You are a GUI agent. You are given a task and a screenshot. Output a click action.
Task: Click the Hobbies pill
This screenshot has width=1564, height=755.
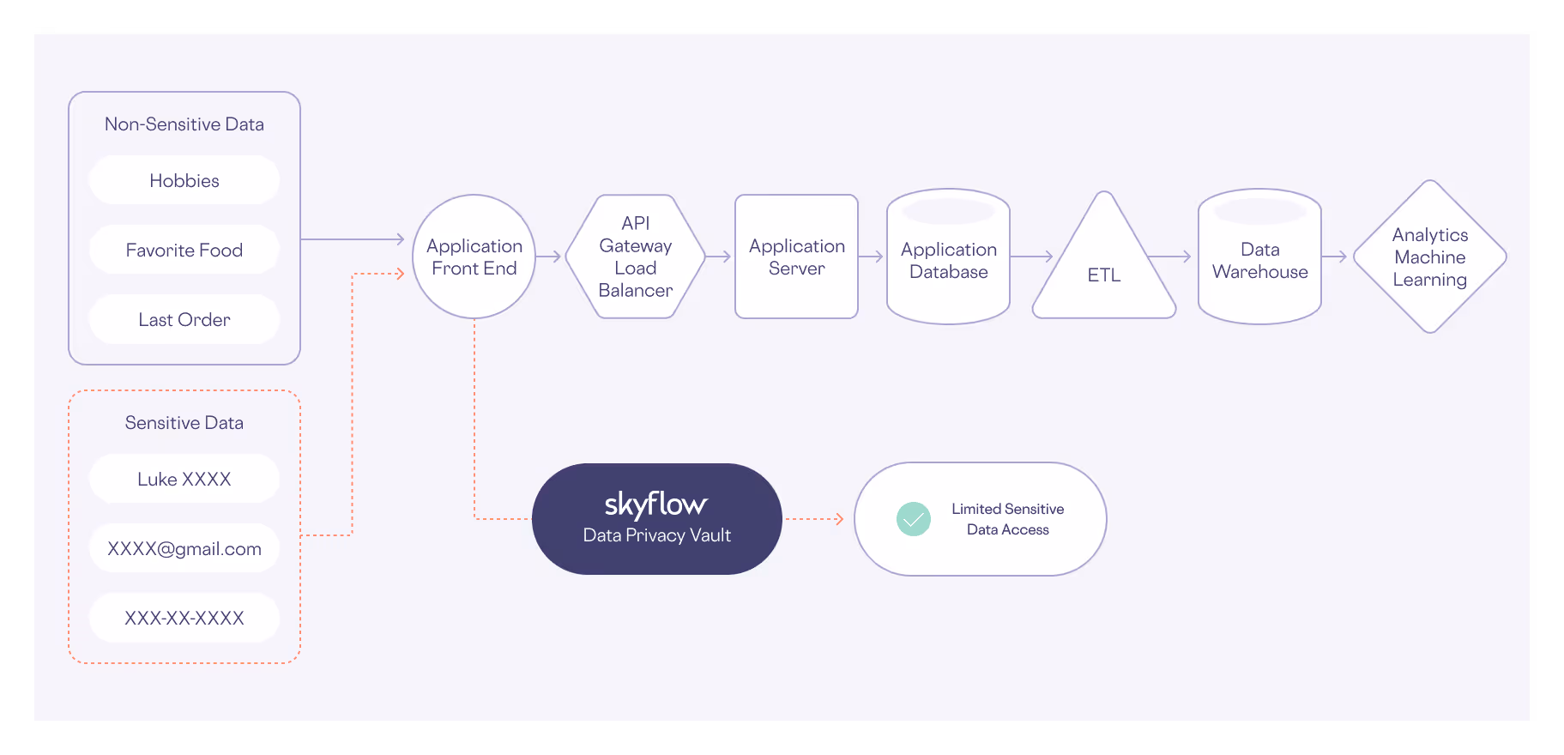pos(184,180)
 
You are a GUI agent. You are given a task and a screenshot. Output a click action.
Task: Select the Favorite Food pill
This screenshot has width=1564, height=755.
pos(184,250)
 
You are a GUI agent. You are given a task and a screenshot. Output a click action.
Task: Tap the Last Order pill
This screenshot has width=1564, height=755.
pos(184,319)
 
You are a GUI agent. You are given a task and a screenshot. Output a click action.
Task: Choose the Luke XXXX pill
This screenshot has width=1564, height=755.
pos(184,479)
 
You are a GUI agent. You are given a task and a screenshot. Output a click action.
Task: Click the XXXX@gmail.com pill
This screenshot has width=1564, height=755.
pos(184,548)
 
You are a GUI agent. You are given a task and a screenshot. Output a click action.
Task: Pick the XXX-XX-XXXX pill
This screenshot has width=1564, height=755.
pos(184,618)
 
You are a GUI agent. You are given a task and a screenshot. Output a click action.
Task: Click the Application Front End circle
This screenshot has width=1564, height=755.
pos(474,257)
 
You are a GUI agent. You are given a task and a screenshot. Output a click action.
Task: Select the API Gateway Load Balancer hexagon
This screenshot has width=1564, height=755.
pos(636,257)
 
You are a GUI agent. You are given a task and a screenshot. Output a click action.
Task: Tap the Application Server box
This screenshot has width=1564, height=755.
pos(797,257)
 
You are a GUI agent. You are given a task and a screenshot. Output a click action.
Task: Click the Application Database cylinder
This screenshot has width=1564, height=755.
pos(949,260)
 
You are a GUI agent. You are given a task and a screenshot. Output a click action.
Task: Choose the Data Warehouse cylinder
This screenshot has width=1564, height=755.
pos(1260,260)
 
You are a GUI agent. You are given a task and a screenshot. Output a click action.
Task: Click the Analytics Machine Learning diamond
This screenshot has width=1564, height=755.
pos(1430,257)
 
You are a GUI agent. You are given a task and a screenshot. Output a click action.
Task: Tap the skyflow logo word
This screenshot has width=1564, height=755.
pos(656,504)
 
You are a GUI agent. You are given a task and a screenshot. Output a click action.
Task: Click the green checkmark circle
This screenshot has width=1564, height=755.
pos(914,519)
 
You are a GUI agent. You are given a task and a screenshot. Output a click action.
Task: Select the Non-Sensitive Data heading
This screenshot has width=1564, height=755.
pos(184,124)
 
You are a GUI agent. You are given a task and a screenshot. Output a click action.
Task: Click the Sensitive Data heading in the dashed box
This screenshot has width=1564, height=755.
pos(184,423)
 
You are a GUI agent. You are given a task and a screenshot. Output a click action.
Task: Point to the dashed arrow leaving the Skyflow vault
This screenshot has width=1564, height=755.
pos(814,519)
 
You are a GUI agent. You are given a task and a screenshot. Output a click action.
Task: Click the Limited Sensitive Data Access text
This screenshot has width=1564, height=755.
pos(1008,519)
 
